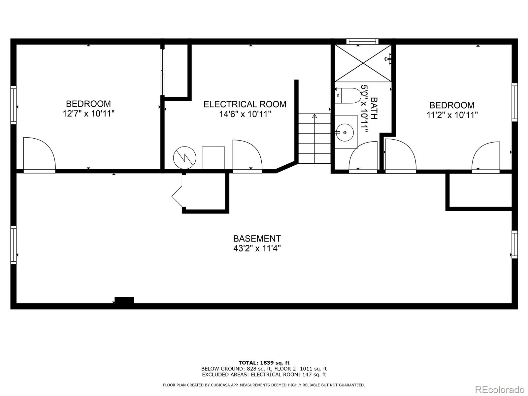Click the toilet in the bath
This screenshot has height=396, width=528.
348,96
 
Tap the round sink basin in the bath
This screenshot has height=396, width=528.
345,132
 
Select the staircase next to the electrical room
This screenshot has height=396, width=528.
314,138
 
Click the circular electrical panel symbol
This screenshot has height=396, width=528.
184,157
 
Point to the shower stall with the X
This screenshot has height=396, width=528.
363,63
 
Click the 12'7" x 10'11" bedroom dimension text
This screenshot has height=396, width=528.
88,114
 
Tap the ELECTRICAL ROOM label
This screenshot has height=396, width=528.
245,104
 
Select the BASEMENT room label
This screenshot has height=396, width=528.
257,238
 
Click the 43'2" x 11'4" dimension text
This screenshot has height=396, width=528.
257,248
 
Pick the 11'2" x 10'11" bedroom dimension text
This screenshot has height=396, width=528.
452,115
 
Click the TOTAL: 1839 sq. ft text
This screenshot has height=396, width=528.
264,363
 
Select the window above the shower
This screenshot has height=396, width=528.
362,41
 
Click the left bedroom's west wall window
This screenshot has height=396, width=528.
14,105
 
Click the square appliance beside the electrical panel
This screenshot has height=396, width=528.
213,158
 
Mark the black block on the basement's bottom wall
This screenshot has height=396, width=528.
124,300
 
